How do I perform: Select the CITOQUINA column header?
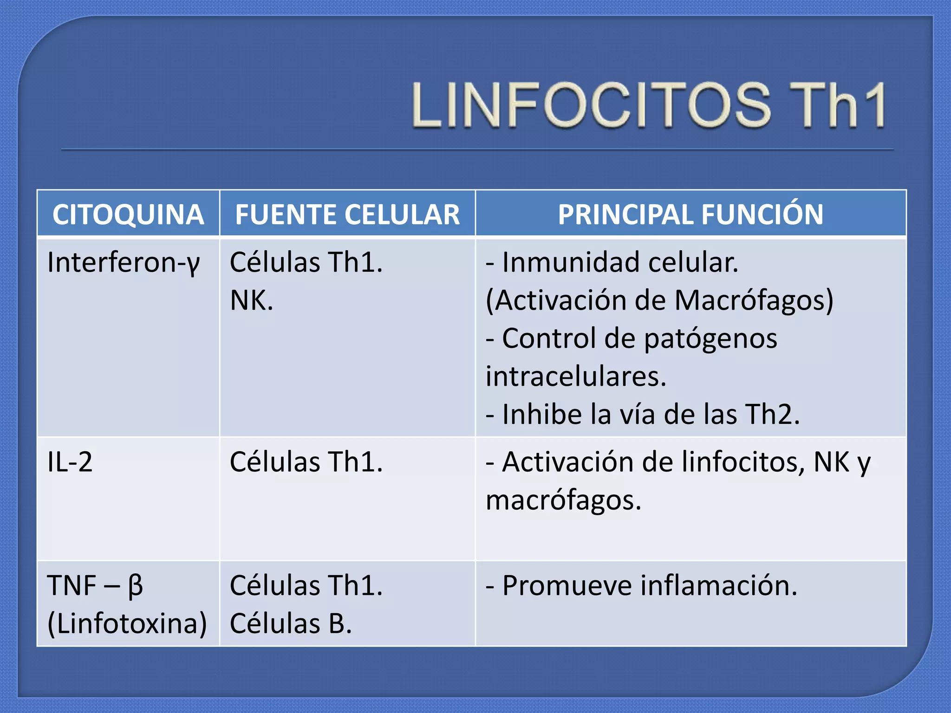click(128, 214)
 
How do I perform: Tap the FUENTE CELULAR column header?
click(347, 214)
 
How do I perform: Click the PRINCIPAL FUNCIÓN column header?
click(690, 214)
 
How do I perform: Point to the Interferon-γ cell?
click(124, 263)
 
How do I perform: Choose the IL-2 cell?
click(70, 462)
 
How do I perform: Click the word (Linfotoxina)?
click(127, 623)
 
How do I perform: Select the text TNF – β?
click(95, 586)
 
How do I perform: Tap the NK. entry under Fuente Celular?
click(251, 301)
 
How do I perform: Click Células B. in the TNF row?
click(291, 623)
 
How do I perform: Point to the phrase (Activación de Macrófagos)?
click(659, 301)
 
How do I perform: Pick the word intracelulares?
click(576, 376)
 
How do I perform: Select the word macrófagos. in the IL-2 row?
click(563, 501)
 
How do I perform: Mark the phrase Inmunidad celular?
click(620, 263)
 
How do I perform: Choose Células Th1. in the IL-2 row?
click(306, 462)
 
